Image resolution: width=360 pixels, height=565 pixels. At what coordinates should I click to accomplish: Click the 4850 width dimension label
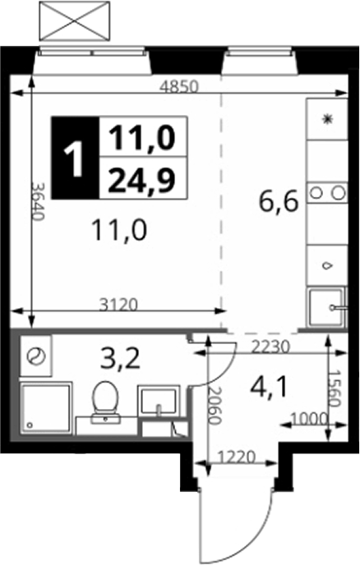tap(179, 86)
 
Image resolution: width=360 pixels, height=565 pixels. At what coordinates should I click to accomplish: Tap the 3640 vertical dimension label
tap(38, 201)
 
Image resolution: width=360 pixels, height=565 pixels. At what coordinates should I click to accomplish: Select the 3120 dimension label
tap(118, 305)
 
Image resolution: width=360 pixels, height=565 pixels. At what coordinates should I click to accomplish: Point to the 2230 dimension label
tap(270, 347)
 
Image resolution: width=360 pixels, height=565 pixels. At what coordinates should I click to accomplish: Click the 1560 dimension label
tap(335, 388)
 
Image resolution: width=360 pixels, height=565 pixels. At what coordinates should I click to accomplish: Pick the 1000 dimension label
tap(309, 419)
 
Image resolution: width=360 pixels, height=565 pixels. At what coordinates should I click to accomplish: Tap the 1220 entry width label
tap(237, 457)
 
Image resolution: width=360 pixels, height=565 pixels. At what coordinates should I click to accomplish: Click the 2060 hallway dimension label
tap(214, 406)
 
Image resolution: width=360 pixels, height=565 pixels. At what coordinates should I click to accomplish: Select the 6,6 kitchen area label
tap(279, 202)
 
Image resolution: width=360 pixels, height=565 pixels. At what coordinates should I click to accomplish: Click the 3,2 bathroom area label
tap(120, 360)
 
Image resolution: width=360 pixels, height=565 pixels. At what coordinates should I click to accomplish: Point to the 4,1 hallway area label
tap(269, 388)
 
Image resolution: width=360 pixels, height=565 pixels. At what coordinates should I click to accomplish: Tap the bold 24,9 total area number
tap(141, 180)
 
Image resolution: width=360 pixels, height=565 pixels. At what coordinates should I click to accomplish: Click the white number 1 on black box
tap(75, 158)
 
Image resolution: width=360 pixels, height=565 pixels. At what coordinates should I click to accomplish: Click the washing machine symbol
tap(36, 356)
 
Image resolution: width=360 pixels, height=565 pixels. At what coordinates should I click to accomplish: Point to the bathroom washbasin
tap(159, 401)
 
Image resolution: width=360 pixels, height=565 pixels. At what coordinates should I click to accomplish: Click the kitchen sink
tap(326, 307)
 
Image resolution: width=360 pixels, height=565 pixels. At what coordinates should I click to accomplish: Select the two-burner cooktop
tap(327, 193)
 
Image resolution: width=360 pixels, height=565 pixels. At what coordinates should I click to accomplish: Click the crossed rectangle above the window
tap(75, 21)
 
